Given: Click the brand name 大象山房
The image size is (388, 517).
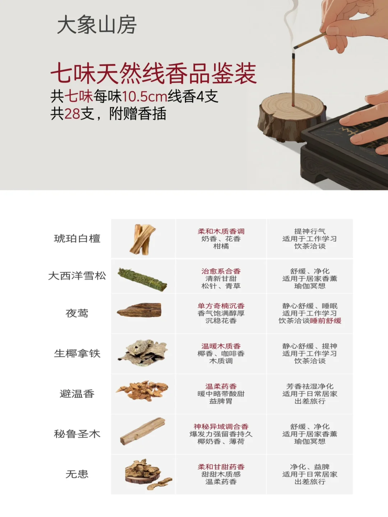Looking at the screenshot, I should coord(97,25).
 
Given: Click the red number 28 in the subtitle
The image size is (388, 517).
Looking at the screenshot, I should coord(72,114).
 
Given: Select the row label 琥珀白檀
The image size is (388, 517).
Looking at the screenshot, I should coord(77,239).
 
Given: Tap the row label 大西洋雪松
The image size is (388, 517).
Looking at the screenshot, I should coord(77,276).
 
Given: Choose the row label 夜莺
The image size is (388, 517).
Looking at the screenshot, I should coord(77,313).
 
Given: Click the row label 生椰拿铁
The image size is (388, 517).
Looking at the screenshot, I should coord(77,354).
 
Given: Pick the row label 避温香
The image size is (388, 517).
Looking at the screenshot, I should coord(77,394).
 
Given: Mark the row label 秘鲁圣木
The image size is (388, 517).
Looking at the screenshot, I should coord(77,434).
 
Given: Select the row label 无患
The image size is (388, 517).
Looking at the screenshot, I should coord(77,474).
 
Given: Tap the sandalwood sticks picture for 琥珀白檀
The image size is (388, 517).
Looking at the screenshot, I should coord(143,239).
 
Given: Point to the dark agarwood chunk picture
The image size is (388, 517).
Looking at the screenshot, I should coord(140,311).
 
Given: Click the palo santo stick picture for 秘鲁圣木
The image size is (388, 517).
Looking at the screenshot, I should coord(143,432).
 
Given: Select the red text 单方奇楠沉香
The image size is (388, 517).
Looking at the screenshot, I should coord(221,306).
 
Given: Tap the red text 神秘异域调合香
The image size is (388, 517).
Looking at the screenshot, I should coord(221,427).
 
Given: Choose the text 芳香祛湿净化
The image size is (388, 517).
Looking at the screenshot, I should coord(310,386).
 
